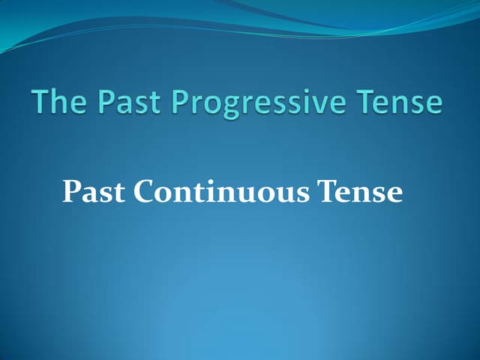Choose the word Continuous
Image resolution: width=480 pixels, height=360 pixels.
[x=223, y=192]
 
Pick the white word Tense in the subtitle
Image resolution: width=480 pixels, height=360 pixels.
[x=361, y=192]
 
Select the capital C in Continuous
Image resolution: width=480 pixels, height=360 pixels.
[x=145, y=192]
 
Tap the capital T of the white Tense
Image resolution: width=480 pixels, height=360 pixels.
[x=328, y=191]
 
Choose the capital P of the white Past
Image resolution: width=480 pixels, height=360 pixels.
[x=72, y=191]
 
